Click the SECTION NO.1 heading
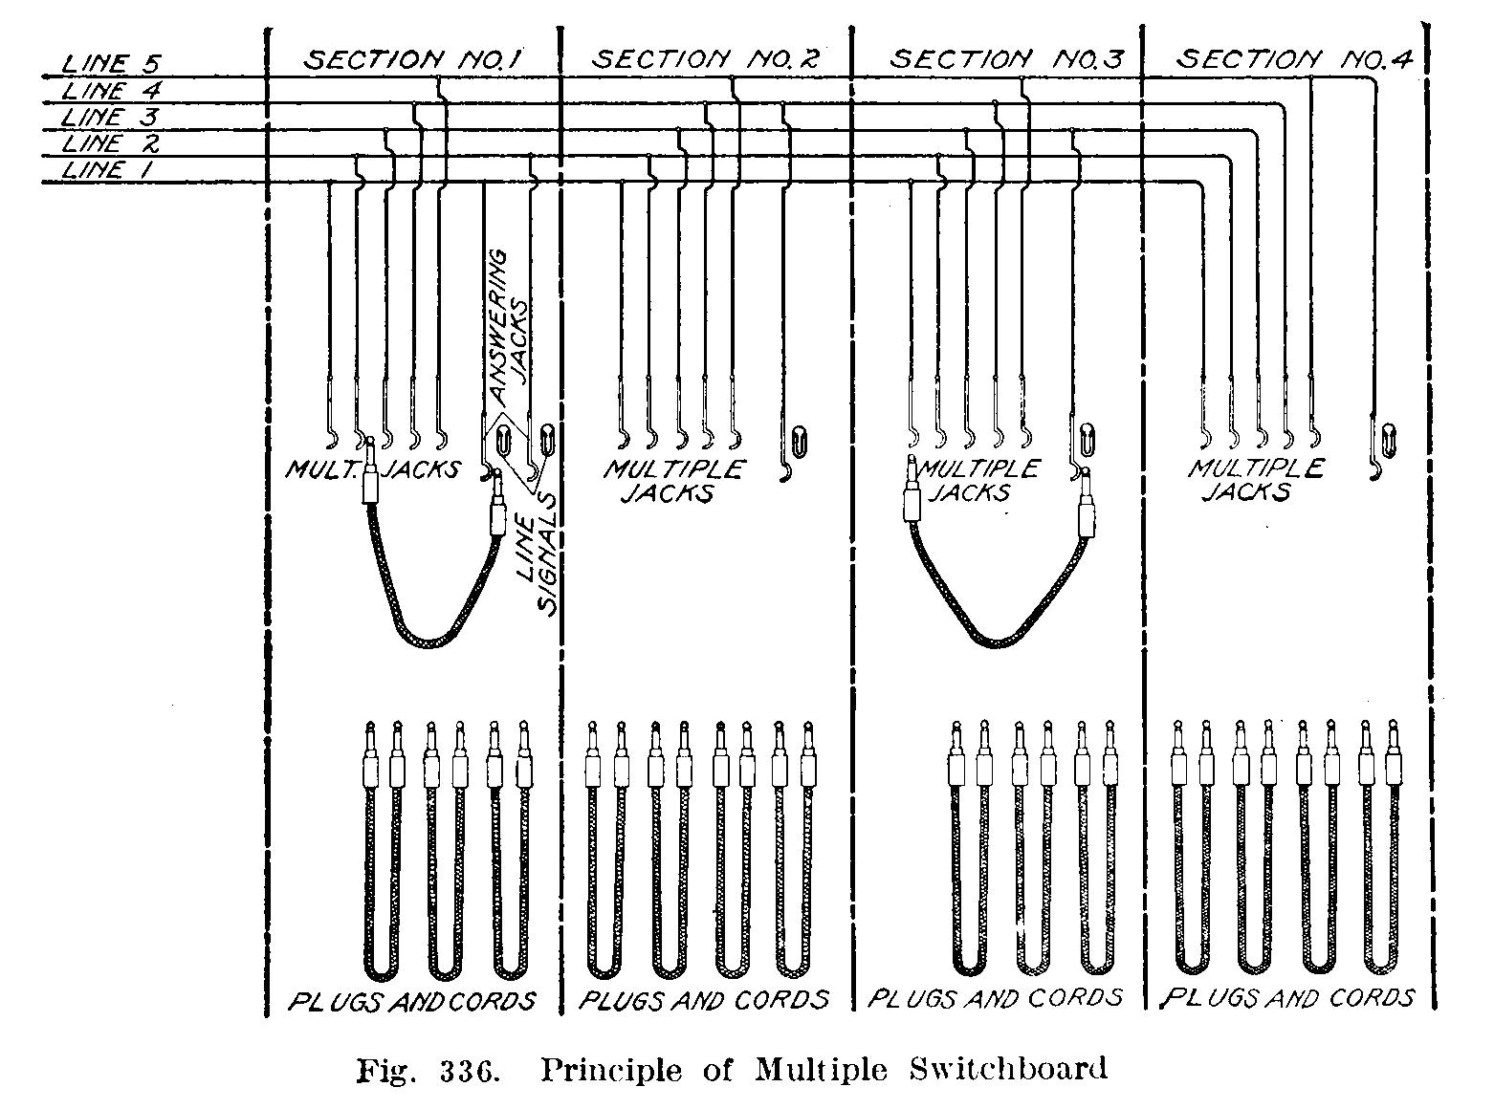pyautogui.click(x=412, y=60)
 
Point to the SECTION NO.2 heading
pyautogui.click(x=706, y=59)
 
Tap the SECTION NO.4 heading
pyautogui.click(x=1293, y=60)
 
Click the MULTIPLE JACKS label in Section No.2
pyautogui.click(x=672, y=482)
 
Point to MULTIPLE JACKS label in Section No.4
pyautogui.click(x=1255, y=480)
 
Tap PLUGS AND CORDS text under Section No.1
pyautogui.click(x=412, y=1001)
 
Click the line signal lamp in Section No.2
pyautogui.click(x=799, y=441)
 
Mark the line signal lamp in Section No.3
pyautogui.click(x=1088, y=438)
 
